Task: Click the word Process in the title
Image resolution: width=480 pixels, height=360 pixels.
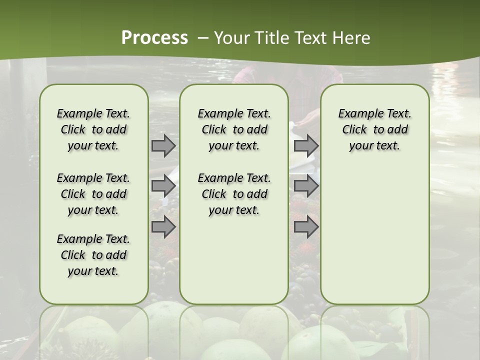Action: [154, 37]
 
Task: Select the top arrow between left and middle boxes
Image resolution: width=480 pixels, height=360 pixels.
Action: [163, 146]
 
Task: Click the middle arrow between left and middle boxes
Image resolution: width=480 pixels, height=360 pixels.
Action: [163, 186]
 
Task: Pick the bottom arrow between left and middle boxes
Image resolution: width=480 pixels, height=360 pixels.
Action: [163, 226]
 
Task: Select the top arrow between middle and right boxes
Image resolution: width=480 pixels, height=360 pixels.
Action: [306, 146]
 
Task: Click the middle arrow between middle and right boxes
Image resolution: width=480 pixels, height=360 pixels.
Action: [306, 186]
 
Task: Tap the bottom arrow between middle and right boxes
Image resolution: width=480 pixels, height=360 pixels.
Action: [306, 226]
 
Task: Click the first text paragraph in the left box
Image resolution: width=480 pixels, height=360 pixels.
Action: [93, 129]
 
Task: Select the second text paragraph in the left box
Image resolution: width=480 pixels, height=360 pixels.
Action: [93, 194]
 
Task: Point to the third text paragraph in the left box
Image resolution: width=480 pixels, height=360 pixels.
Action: [93, 255]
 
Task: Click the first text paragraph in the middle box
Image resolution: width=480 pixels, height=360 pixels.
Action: [234, 129]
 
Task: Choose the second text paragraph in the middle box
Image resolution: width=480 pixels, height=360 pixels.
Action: [234, 194]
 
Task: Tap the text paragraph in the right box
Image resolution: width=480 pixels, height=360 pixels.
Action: [374, 129]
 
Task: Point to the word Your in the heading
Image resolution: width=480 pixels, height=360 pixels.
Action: [230, 38]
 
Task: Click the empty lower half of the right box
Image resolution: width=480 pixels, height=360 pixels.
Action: [374, 240]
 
